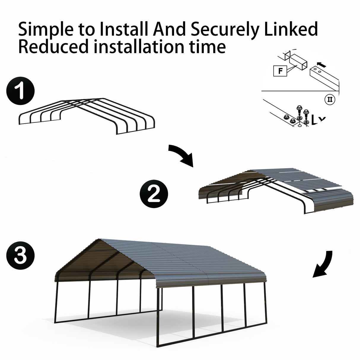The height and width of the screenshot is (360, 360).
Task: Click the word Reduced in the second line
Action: (54, 47)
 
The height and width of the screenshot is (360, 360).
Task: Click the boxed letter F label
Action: (279, 71)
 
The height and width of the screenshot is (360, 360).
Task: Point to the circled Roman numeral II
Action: (329, 99)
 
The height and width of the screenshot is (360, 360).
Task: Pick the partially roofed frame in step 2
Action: (276, 190)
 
